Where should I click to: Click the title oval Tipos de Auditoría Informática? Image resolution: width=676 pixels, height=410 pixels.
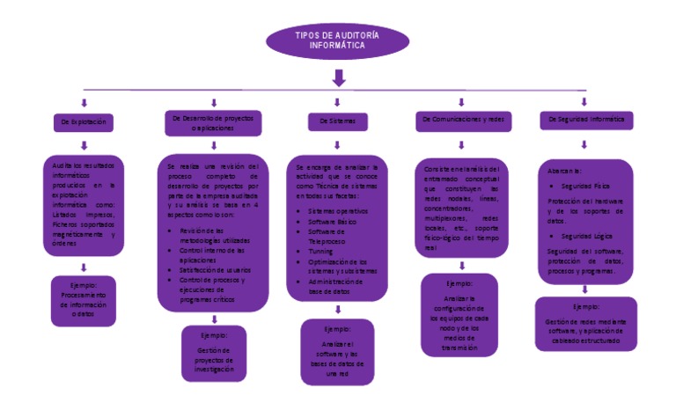[338, 40]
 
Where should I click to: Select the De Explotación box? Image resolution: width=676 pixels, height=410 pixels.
[84, 122]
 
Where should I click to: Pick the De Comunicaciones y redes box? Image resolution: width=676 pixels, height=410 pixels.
[461, 120]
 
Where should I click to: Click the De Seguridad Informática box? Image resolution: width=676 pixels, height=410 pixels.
[586, 120]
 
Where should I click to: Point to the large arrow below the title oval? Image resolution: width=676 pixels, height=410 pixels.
[338, 79]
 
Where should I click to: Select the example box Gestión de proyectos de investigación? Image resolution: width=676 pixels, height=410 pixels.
[215, 354]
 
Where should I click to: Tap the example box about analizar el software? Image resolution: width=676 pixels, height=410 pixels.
[337, 352]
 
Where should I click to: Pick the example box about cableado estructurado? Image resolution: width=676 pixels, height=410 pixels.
[585, 324]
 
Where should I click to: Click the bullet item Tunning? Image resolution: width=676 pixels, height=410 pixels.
[321, 252]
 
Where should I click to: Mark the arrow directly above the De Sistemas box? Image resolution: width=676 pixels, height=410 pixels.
[338, 103]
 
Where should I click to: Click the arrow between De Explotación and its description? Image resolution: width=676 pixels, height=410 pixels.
[84, 143]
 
